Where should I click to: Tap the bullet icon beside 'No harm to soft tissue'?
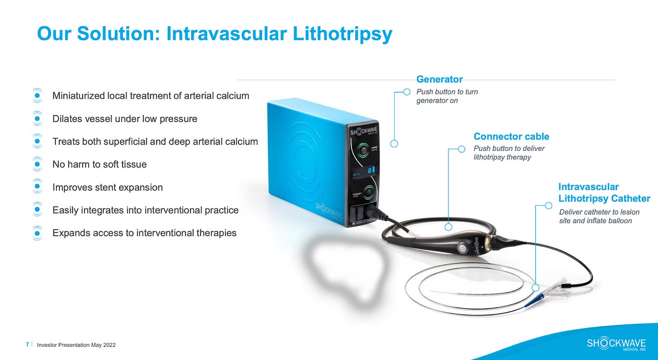38,164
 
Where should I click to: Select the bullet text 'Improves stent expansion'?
108,187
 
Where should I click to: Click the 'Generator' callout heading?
439,79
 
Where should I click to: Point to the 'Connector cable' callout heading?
511,136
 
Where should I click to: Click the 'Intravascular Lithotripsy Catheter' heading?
604,192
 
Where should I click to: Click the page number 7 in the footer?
28,345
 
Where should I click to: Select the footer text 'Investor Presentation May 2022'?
76,345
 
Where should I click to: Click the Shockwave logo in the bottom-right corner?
616,344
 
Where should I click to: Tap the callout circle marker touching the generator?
394,144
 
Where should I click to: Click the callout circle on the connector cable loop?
448,227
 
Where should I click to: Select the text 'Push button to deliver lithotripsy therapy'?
509,153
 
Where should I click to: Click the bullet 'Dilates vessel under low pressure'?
125,119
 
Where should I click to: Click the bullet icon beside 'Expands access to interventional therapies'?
38,233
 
